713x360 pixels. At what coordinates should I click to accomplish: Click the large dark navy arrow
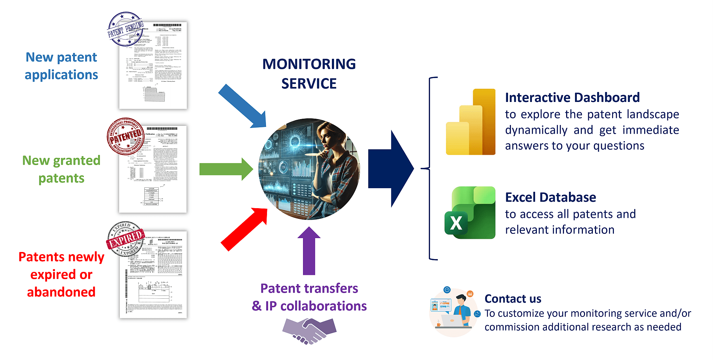click(391, 169)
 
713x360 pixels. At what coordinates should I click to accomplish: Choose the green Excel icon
click(470, 213)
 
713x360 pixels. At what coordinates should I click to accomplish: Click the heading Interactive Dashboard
click(572, 97)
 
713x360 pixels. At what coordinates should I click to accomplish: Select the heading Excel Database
click(550, 197)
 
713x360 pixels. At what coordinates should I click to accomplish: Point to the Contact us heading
click(513, 299)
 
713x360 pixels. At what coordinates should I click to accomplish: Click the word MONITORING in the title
click(309, 64)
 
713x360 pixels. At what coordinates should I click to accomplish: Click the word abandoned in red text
click(61, 292)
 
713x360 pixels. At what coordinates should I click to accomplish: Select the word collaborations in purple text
click(323, 306)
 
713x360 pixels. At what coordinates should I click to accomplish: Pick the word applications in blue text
click(61, 75)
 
